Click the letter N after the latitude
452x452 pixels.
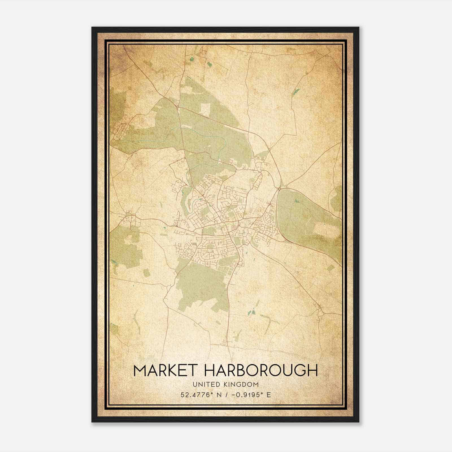218,395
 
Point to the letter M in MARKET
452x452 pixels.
140,371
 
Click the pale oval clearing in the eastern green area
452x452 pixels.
325,229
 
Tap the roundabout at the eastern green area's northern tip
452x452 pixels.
279,188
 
